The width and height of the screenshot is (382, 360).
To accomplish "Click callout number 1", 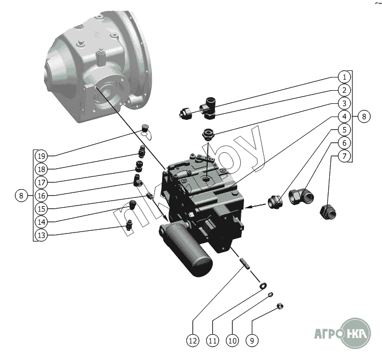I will point(344,77).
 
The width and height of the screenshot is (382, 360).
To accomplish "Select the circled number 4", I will point(344,117).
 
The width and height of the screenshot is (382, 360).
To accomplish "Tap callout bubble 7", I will point(344,157).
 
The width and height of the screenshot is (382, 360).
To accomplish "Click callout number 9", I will point(251,341).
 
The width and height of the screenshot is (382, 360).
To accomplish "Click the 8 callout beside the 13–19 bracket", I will point(21,195).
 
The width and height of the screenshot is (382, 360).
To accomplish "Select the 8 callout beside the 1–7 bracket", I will point(364,117).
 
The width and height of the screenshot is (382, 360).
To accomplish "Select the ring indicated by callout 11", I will point(263,285).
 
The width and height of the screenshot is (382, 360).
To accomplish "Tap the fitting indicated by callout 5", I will point(275,202).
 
